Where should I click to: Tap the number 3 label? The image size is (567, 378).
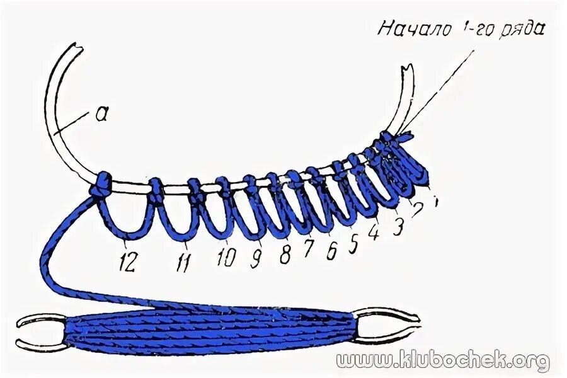(397, 227)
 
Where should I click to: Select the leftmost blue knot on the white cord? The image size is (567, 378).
(99, 185)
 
